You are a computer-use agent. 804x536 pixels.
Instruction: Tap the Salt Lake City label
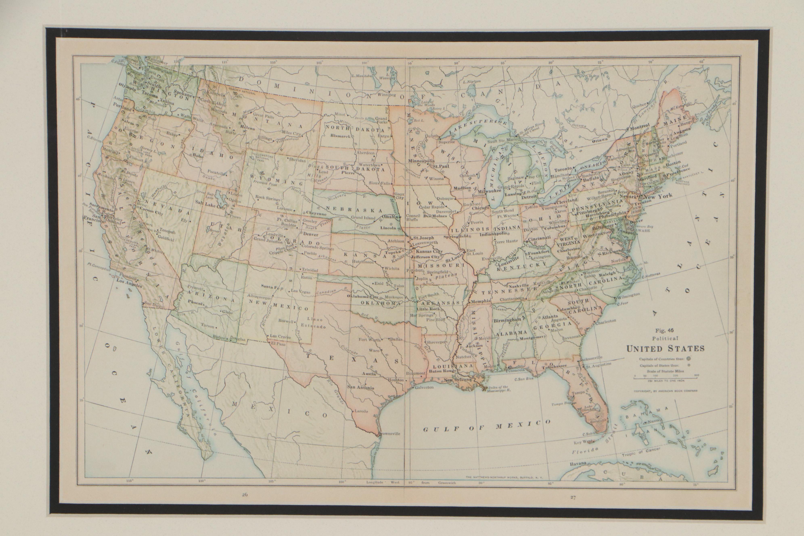(209, 207)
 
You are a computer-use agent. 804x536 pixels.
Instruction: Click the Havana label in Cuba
(578, 464)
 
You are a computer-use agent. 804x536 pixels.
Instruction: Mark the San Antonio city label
(360, 388)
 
